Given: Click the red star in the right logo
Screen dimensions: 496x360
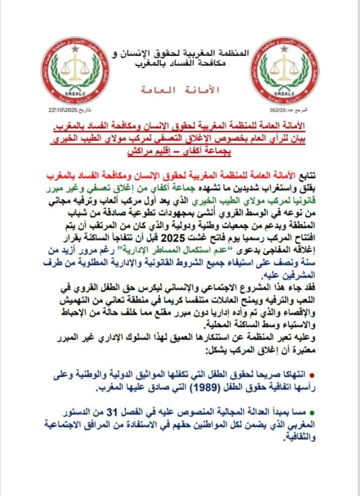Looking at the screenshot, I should pos(286,49).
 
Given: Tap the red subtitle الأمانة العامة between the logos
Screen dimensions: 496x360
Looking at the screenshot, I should pos(178,90).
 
